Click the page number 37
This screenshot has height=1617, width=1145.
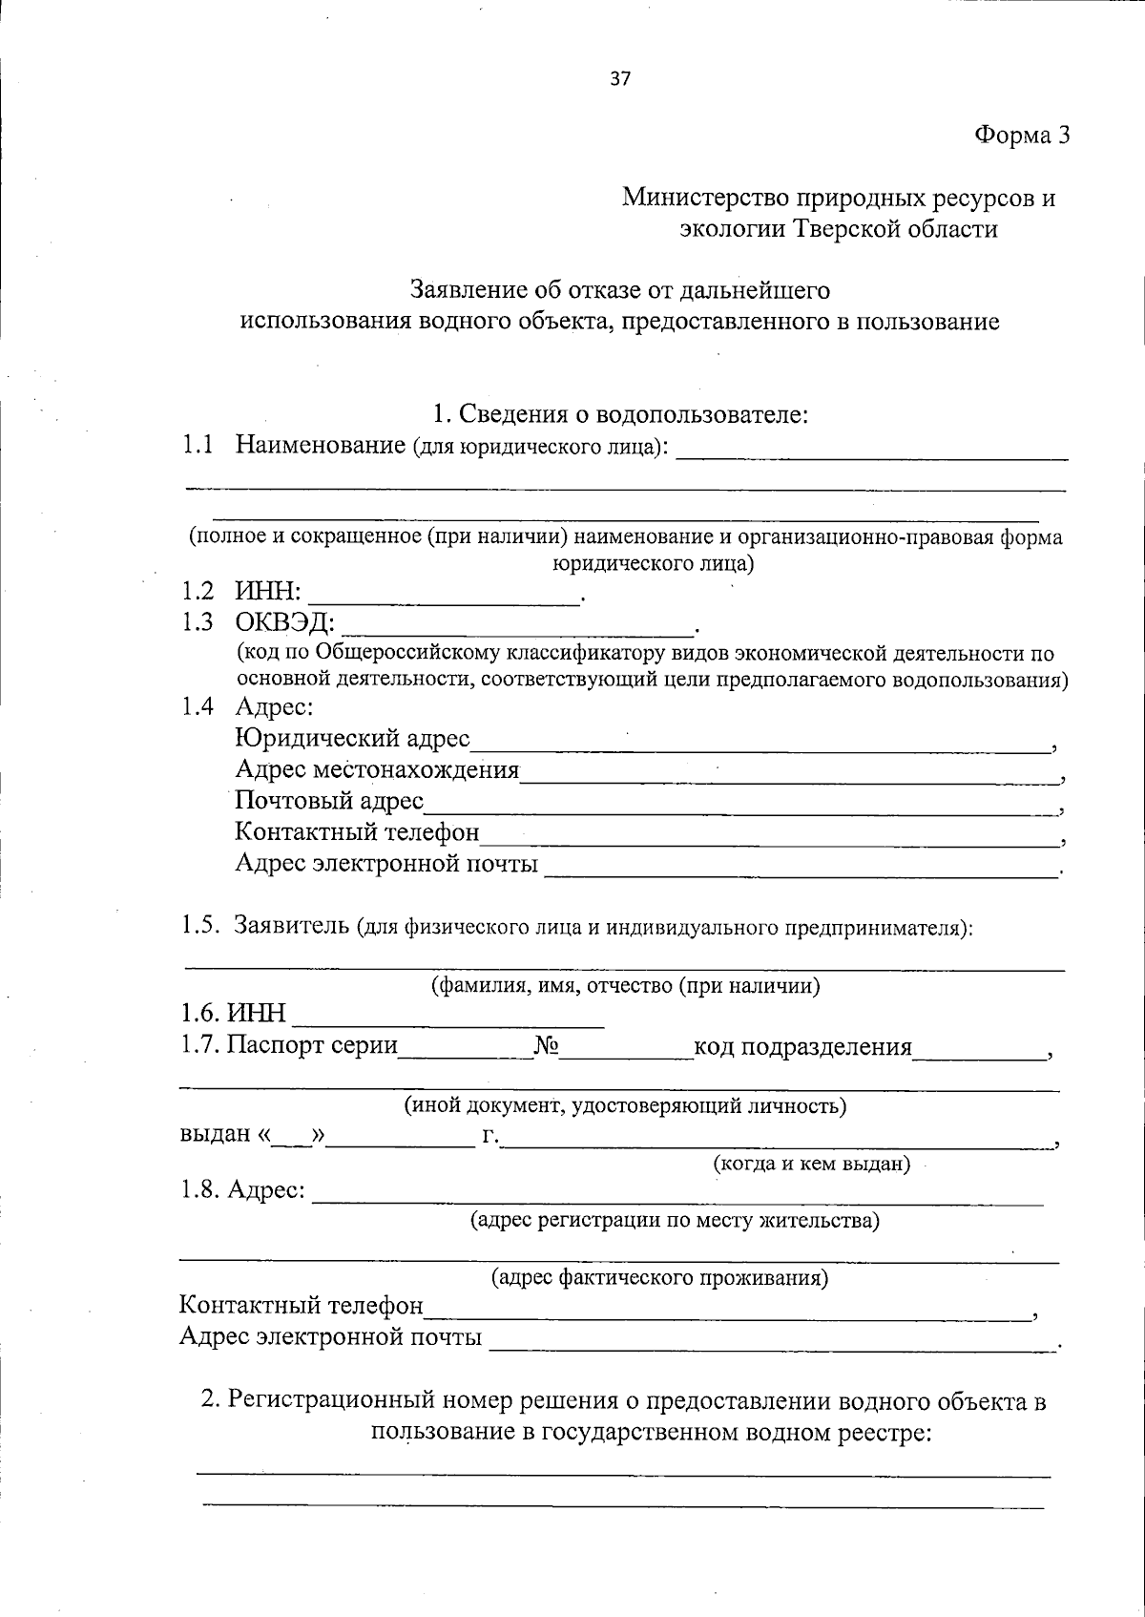(x=619, y=79)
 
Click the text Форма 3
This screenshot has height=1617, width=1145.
(x=1021, y=136)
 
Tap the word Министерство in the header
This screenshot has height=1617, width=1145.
(x=706, y=199)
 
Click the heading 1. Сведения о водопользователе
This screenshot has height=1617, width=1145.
(x=620, y=414)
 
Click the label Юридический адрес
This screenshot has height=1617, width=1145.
(x=352, y=738)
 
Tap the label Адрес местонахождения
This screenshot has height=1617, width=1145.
(x=377, y=769)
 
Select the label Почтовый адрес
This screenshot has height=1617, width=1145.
(x=329, y=801)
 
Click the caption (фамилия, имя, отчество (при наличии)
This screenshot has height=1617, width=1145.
(x=625, y=986)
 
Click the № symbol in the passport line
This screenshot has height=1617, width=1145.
(x=546, y=1047)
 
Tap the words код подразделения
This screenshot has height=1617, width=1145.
(x=802, y=1047)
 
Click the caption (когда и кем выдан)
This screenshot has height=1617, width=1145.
(x=811, y=1164)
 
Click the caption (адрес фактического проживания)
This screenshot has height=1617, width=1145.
(x=658, y=1278)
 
